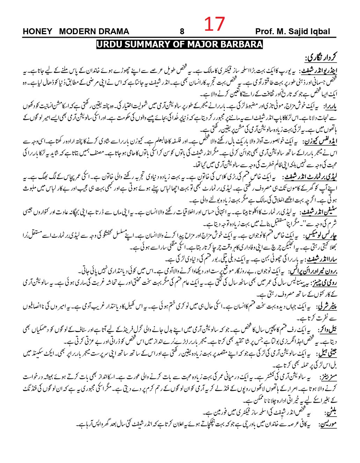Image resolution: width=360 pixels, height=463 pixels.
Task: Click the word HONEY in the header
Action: point(37,31)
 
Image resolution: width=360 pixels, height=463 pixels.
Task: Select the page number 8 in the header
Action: point(182,31)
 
